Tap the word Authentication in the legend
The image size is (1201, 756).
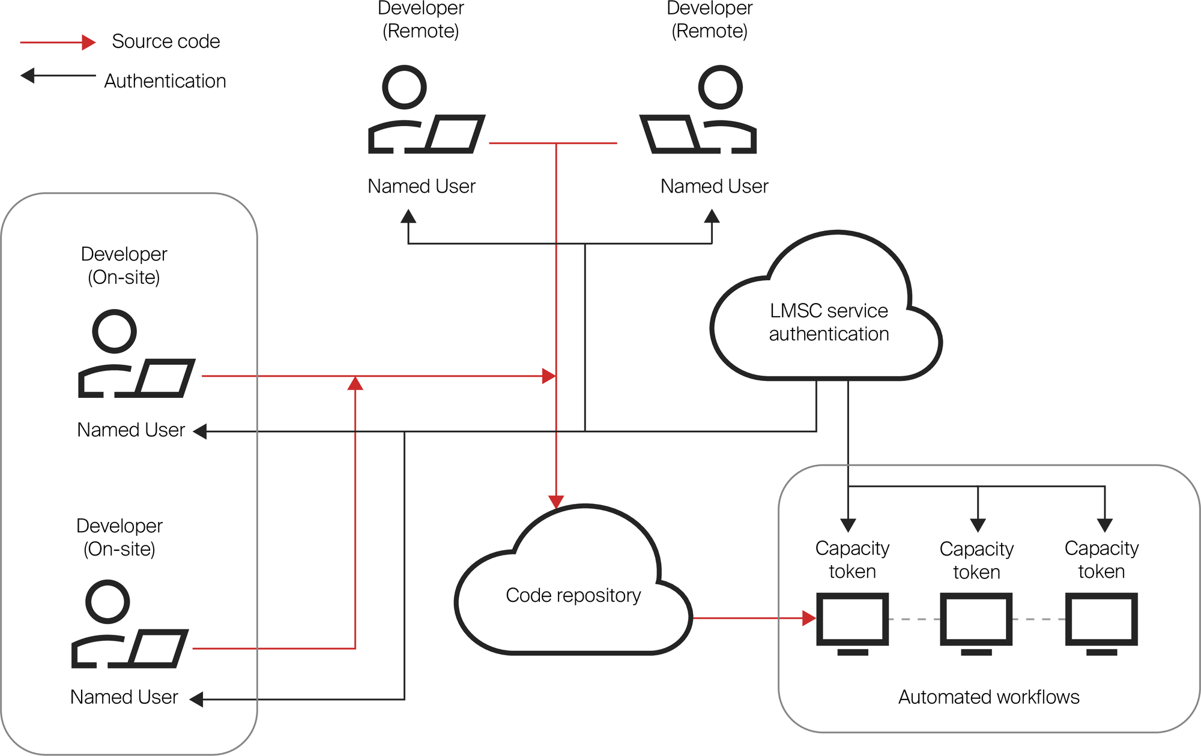(x=165, y=81)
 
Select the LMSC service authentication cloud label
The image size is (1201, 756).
(x=829, y=322)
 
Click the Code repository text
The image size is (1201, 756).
(x=573, y=595)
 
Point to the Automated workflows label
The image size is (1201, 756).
(x=988, y=697)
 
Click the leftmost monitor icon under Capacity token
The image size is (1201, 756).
(x=852, y=622)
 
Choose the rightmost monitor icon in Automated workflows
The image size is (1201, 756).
(x=1101, y=622)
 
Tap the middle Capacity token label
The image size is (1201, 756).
(x=976, y=560)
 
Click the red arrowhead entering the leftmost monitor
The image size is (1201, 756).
(x=809, y=618)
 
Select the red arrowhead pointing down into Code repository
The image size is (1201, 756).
(x=557, y=502)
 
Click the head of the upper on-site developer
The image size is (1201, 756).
(x=114, y=331)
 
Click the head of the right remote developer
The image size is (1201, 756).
(x=720, y=88)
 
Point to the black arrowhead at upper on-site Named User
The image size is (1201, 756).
(x=200, y=431)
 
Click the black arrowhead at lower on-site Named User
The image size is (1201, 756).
(x=196, y=699)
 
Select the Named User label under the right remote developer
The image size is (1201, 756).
(x=714, y=187)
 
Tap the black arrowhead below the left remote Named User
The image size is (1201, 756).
(x=408, y=217)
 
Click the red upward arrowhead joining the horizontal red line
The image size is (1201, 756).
(x=355, y=383)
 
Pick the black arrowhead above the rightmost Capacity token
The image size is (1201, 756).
(x=1105, y=526)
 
